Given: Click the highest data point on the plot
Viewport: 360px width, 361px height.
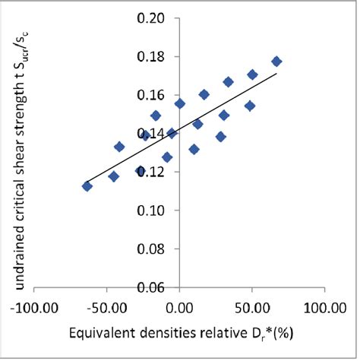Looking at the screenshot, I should [x=276, y=62].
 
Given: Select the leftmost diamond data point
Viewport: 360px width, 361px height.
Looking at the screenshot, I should [x=87, y=186].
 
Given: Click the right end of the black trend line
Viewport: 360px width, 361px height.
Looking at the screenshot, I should [x=276, y=74].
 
